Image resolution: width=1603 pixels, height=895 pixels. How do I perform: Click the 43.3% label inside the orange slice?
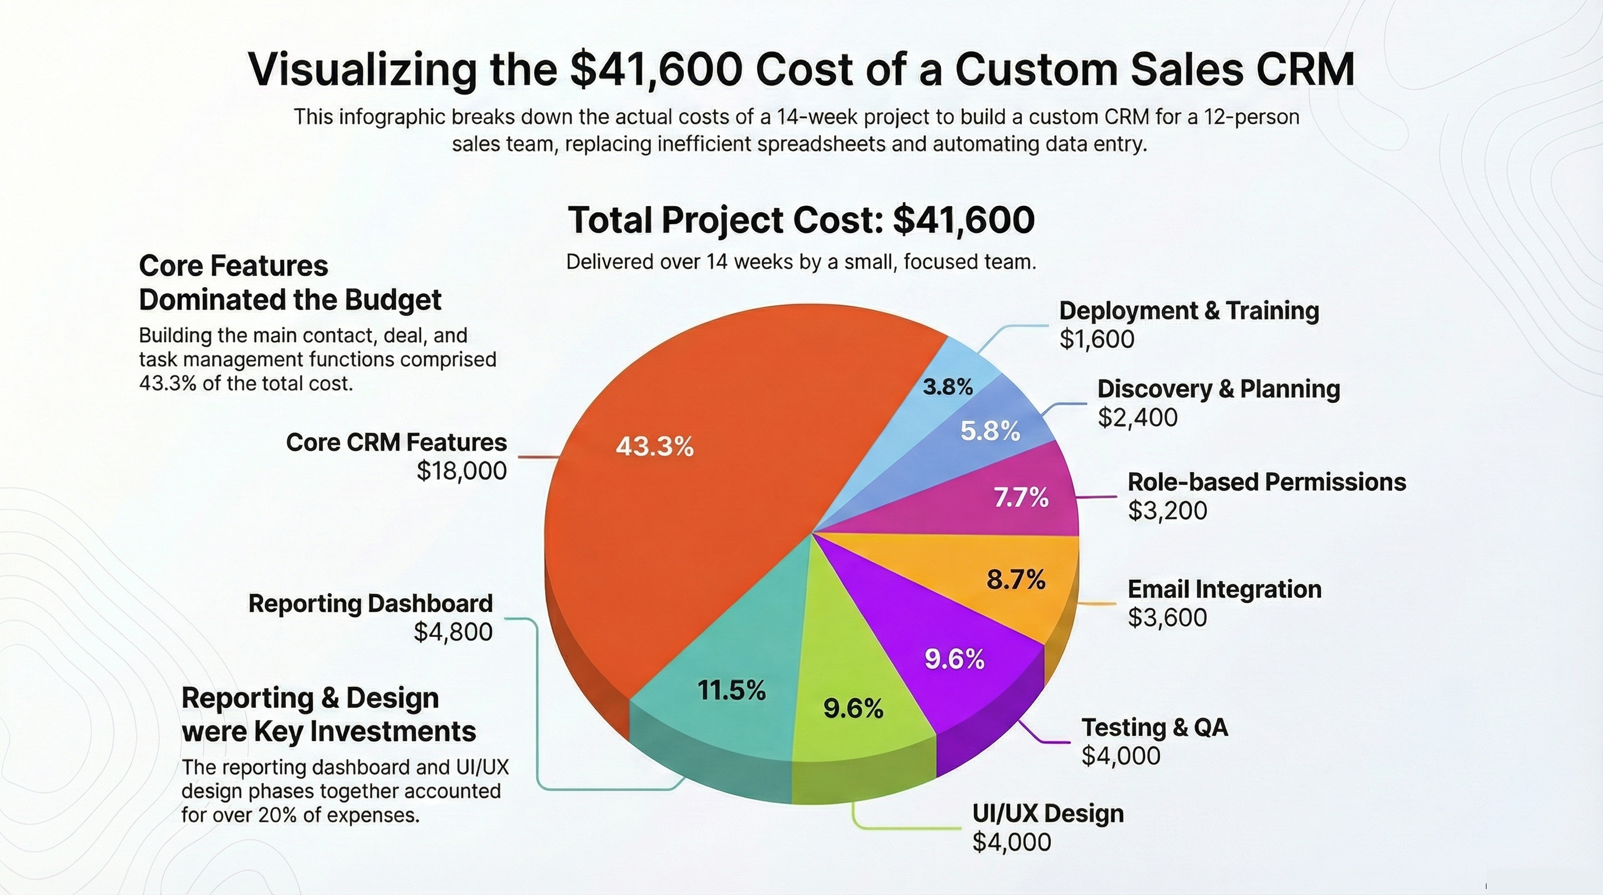pyautogui.click(x=655, y=447)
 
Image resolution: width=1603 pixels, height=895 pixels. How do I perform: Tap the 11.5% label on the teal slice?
pyautogui.click(x=731, y=690)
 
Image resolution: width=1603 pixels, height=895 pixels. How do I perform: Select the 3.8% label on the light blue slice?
pyautogui.click(x=947, y=387)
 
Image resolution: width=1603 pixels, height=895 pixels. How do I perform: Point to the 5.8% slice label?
pyautogui.click(x=990, y=431)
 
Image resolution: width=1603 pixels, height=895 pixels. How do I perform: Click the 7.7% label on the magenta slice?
pyautogui.click(x=1021, y=497)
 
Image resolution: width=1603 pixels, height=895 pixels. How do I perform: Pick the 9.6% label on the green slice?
pyautogui.click(x=853, y=709)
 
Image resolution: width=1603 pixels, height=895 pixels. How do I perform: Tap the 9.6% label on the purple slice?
pyautogui.click(x=954, y=659)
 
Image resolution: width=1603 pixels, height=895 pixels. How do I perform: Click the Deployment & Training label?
pyautogui.click(x=1188, y=311)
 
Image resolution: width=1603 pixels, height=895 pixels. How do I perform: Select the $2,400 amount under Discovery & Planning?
pyautogui.click(x=1138, y=417)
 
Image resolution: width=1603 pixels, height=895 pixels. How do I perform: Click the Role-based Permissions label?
pyautogui.click(x=1266, y=482)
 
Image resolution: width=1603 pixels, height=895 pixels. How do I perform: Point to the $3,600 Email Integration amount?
pyautogui.click(x=1167, y=618)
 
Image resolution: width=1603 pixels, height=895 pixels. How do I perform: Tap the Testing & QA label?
pyautogui.click(x=1154, y=727)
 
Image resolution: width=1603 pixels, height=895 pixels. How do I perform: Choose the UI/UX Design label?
pyautogui.click(x=1048, y=813)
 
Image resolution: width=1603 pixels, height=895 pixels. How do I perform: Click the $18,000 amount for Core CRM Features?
pyautogui.click(x=461, y=471)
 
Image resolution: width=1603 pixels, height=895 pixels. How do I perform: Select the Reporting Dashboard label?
pyautogui.click(x=370, y=603)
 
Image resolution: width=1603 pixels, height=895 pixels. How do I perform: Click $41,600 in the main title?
pyautogui.click(x=656, y=70)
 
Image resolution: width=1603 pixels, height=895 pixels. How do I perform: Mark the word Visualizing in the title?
pyautogui.click(x=362, y=70)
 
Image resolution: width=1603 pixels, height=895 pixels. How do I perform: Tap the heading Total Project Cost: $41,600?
pyautogui.click(x=801, y=220)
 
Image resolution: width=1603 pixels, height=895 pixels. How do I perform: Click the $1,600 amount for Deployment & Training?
pyautogui.click(x=1096, y=339)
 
